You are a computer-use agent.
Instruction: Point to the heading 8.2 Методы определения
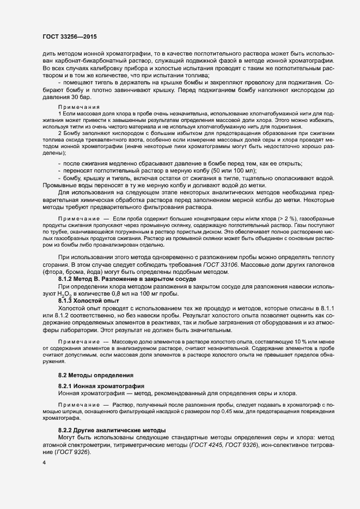click(95, 376)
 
